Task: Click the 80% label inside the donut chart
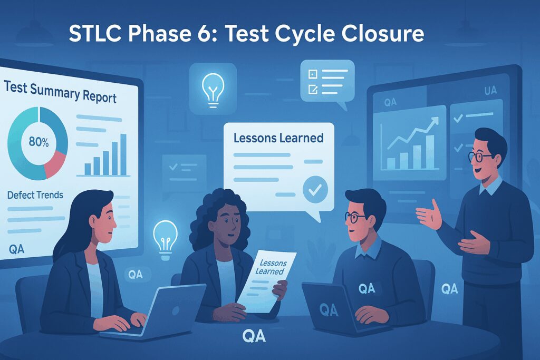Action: (x=38, y=142)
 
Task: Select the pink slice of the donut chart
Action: (x=55, y=164)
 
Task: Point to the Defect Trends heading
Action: (x=35, y=195)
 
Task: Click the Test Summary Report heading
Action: (x=60, y=92)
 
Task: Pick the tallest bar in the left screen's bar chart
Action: (x=123, y=154)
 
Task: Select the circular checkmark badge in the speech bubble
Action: (x=315, y=189)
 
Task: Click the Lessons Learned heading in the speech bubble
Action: (x=278, y=138)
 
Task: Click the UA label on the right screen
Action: (x=490, y=91)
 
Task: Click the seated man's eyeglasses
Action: (x=354, y=217)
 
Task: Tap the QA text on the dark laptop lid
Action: (x=329, y=310)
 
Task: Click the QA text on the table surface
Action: (x=254, y=336)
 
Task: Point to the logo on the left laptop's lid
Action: (x=176, y=310)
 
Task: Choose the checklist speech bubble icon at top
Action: (x=327, y=83)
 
